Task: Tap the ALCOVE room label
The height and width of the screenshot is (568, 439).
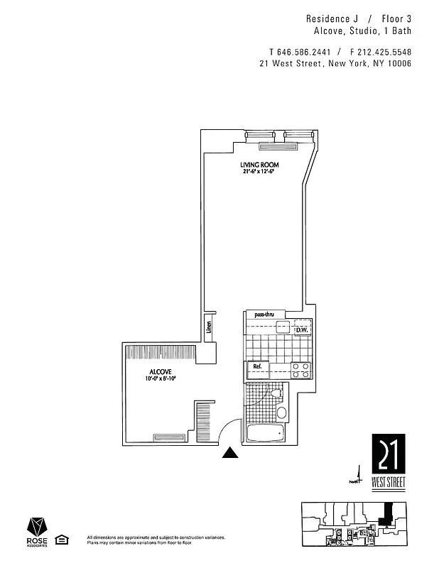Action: point(160,372)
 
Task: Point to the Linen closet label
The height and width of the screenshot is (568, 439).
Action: point(209,328)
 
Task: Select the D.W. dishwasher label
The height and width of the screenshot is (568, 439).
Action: point(301,329)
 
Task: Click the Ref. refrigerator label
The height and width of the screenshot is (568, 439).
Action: point(258,368)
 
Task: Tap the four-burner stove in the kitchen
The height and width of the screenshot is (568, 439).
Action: point(300,369)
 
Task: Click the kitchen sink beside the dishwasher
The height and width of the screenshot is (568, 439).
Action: point(283,328)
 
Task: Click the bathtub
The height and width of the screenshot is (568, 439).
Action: point(264,432)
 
